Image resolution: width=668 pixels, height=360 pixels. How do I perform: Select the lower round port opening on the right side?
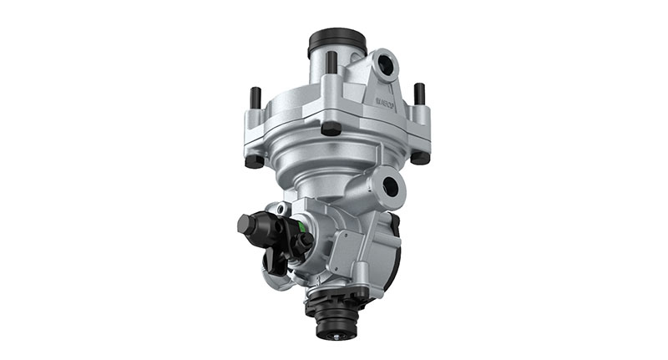tap(390, 186)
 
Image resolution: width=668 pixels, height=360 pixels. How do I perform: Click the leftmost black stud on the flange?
tap(256, 98)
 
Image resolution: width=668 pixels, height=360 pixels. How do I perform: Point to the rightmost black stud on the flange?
tap(419, 94)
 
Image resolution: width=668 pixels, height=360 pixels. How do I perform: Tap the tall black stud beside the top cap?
tap(331, 64)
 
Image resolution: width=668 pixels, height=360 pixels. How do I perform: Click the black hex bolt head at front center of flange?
tap(331, 129)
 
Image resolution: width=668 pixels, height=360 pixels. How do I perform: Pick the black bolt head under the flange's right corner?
tap(420, 156)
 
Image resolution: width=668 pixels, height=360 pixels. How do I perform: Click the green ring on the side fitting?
tap(294, 226)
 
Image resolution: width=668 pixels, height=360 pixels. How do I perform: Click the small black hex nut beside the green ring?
tap(306, 241)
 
